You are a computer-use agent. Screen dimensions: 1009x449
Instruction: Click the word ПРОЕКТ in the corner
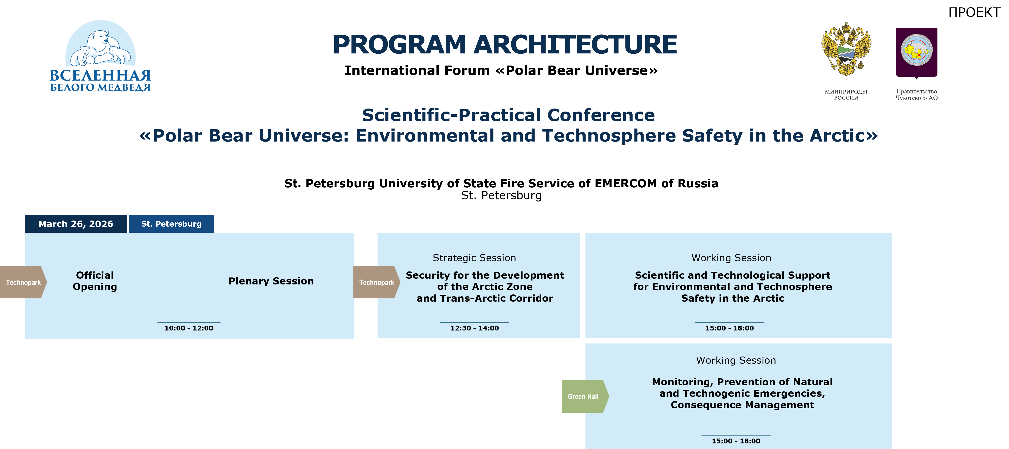coord(974,13)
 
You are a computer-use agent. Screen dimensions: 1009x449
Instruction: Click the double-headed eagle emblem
coord(846,49)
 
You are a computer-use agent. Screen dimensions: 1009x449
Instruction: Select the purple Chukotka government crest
coord(917,53)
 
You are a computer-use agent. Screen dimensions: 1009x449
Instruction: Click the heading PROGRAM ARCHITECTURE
coord(505,44)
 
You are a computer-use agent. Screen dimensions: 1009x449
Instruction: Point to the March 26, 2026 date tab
coord(76,224)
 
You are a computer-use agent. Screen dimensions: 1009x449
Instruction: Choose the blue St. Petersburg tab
coord(171,224)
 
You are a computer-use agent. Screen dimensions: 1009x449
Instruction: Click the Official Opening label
coord(95,281)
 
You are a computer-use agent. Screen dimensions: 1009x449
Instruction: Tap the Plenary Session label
coord(271,281)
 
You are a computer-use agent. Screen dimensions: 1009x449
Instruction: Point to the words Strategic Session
coord(474,258)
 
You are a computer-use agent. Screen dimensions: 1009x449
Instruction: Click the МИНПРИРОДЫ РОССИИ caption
coord(846,94)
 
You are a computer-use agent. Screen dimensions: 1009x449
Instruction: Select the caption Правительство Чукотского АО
coord(917,94)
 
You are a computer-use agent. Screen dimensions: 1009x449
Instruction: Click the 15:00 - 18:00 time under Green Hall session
coord(736,441)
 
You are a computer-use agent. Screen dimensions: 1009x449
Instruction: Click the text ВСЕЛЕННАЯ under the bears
coord(100,75)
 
